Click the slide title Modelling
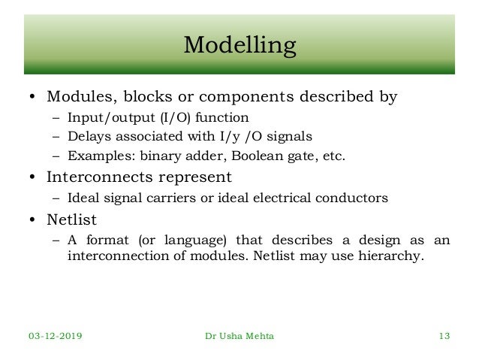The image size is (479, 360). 239,46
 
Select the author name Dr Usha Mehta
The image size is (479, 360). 239,336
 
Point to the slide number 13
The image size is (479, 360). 444,336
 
